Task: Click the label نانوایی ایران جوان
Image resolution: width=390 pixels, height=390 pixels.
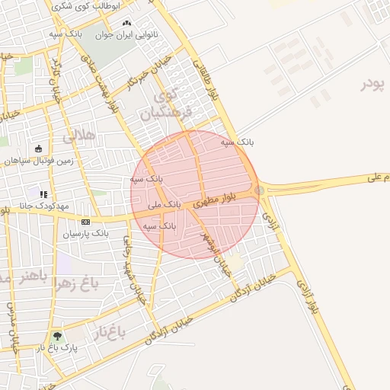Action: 126,35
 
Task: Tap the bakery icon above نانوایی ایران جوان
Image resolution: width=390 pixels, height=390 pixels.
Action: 126,24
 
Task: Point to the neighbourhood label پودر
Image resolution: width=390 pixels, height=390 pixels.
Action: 374,82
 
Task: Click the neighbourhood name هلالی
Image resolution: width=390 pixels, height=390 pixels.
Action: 80,137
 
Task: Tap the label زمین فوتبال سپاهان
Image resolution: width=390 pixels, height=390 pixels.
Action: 39,161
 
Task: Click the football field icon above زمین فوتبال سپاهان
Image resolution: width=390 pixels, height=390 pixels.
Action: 39,149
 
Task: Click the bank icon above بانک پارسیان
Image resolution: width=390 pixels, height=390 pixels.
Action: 85,221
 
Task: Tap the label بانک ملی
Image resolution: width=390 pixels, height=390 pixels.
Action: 164,205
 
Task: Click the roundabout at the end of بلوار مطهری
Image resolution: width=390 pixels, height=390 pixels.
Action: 261,190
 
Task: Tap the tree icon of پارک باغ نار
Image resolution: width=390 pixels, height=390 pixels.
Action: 57,336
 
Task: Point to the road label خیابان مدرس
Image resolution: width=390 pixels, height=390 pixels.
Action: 11,328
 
